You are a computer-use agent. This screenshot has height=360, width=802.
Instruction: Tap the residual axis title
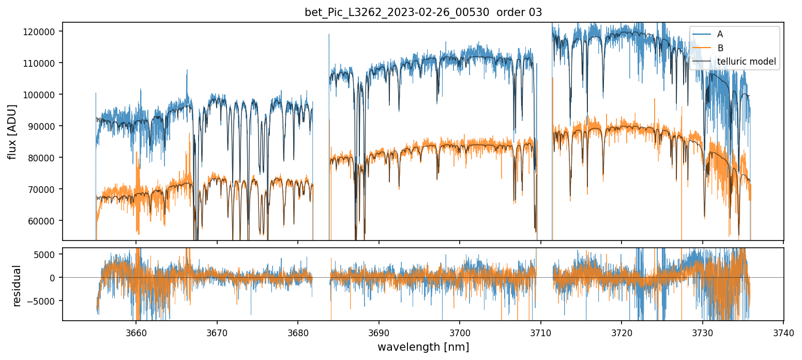point(17,286)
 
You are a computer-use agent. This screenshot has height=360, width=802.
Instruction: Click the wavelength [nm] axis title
point(423,347)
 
